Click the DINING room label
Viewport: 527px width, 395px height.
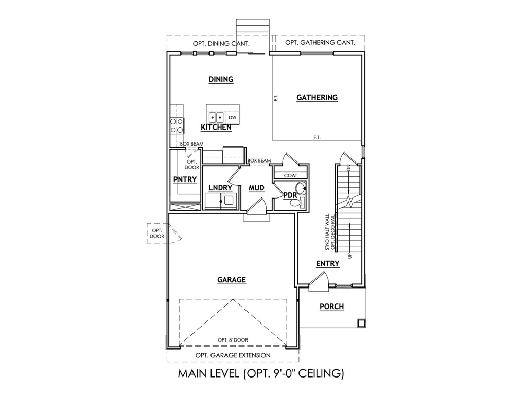click(x=221, y=79)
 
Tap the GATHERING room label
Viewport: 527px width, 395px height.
click(x=317, y=97)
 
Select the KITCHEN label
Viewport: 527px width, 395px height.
click(x=216, y=128)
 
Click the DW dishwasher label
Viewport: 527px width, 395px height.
click(x=233, y=118)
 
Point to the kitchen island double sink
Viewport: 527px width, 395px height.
click(x=216, y=118)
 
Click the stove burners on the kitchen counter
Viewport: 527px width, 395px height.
click(x=177, y=125)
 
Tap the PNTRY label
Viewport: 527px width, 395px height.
click(x=185, y=179)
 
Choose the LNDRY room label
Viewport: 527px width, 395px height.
click(x=220, y=188)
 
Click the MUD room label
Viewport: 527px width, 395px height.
click(x=256, y=188)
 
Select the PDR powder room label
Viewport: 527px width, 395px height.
click(x=290, y=195)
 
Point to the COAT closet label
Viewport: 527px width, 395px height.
click(x=290, y=176)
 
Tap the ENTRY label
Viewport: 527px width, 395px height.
click(x=328, y=264)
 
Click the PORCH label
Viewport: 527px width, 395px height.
click(x=332, y=307)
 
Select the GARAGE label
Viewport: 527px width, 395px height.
click(x=232, y=280)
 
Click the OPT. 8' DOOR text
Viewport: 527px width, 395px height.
click(x=233, y=340)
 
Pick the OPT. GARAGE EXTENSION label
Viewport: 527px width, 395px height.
click(x=233, y=355)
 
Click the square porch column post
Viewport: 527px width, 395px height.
click(x=361, y=323)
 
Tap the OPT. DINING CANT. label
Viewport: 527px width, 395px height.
click(x=221, y=43)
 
